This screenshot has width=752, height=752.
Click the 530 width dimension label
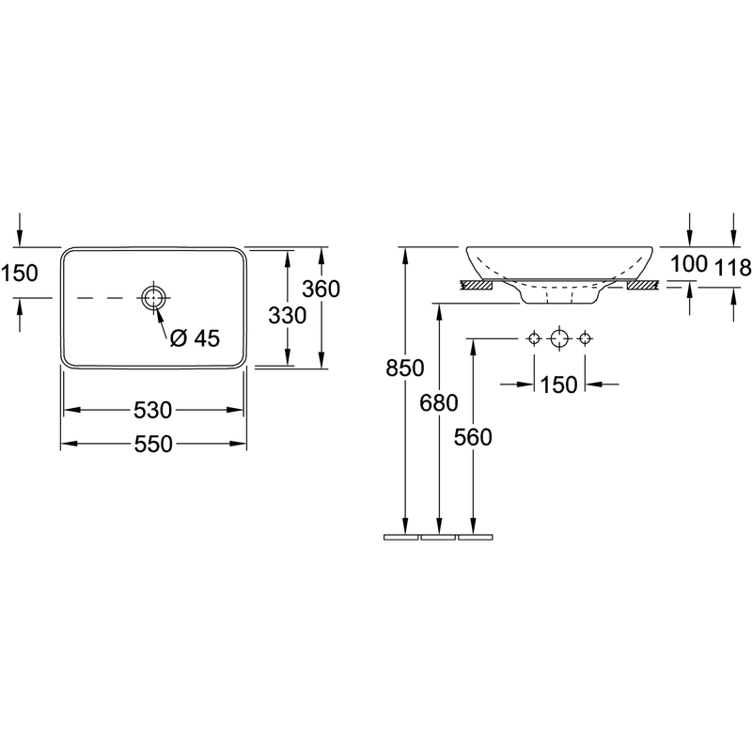point(152,411)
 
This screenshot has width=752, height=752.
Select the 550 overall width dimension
point(153,445)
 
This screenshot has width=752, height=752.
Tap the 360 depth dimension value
point(321,289)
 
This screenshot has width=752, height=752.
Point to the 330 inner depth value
point(288,316)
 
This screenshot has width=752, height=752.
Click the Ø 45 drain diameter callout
point(195,338)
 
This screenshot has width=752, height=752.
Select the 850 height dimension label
point(405,368)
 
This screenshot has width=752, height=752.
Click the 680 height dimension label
point(439,403)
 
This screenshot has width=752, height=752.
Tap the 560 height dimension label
point(473,437)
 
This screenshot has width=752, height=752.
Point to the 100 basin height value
point(689,264)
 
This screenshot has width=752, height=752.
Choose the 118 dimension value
point(733,267)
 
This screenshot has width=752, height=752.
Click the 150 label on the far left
point(19,274)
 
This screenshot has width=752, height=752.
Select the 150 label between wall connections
point(559,384)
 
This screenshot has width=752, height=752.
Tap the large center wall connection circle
point(559,339)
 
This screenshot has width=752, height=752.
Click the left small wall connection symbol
point(534,339)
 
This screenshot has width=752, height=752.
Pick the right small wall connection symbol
point(584,339)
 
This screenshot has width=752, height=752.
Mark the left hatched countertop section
point(477,286)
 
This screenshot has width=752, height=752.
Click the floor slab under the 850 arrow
point(401,537)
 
